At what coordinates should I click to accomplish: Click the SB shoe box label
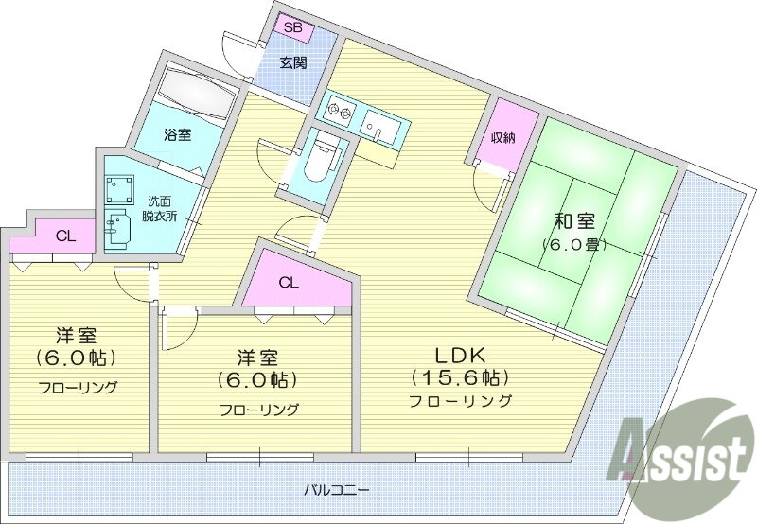pos(291,27)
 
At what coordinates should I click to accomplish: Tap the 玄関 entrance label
pos(291,63)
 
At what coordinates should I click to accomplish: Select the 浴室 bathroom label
pos(178,134)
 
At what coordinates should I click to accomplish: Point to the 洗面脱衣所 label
pos(160,208)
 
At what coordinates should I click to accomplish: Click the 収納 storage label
pos(502,138)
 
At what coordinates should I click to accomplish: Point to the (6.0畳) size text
pos(573,245)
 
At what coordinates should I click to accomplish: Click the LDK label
pos(460,356)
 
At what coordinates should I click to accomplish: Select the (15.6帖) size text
pos(460,378)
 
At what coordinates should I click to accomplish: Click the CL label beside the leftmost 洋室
pos(65,236)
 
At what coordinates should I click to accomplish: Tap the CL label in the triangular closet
pos(289,282)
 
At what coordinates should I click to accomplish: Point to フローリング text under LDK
pos(461,401)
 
